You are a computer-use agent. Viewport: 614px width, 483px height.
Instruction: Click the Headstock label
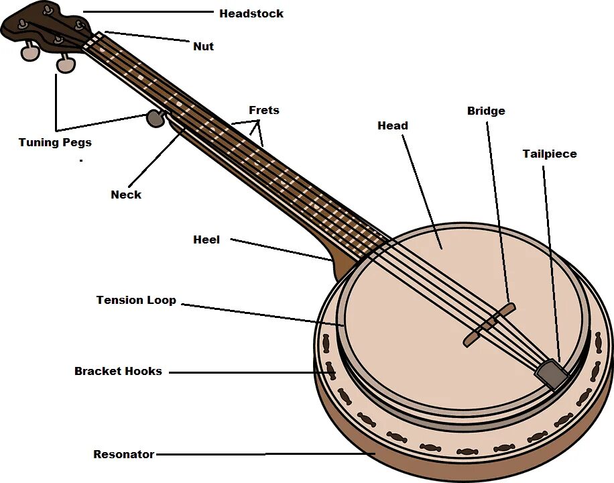pos(251,13)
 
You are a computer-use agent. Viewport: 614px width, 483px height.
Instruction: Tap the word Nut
pos(203,46)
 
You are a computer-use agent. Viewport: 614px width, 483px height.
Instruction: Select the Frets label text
pos(263,110)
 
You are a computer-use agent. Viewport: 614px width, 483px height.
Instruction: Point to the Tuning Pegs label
pos(55,142)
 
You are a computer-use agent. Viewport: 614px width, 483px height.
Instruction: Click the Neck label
pos(126,195)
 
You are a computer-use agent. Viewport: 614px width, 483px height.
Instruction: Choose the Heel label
pos(206,239)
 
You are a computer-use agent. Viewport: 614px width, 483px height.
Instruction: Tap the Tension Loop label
pos(136,300)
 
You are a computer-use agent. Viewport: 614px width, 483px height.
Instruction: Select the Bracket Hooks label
pos(118,371)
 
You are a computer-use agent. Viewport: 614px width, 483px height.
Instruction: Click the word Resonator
pos(123,454)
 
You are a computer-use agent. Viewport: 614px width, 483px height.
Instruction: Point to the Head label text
pos(392,125)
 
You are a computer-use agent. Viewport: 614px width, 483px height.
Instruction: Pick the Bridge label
pos(486,111)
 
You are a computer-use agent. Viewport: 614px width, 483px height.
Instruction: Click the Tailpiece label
pos(549,154)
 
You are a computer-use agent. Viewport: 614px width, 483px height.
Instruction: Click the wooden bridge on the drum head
pos(490,325)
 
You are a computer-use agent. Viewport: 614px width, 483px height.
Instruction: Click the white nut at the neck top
pos(93,40)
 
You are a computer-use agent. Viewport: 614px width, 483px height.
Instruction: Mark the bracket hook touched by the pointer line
pos(330,370)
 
